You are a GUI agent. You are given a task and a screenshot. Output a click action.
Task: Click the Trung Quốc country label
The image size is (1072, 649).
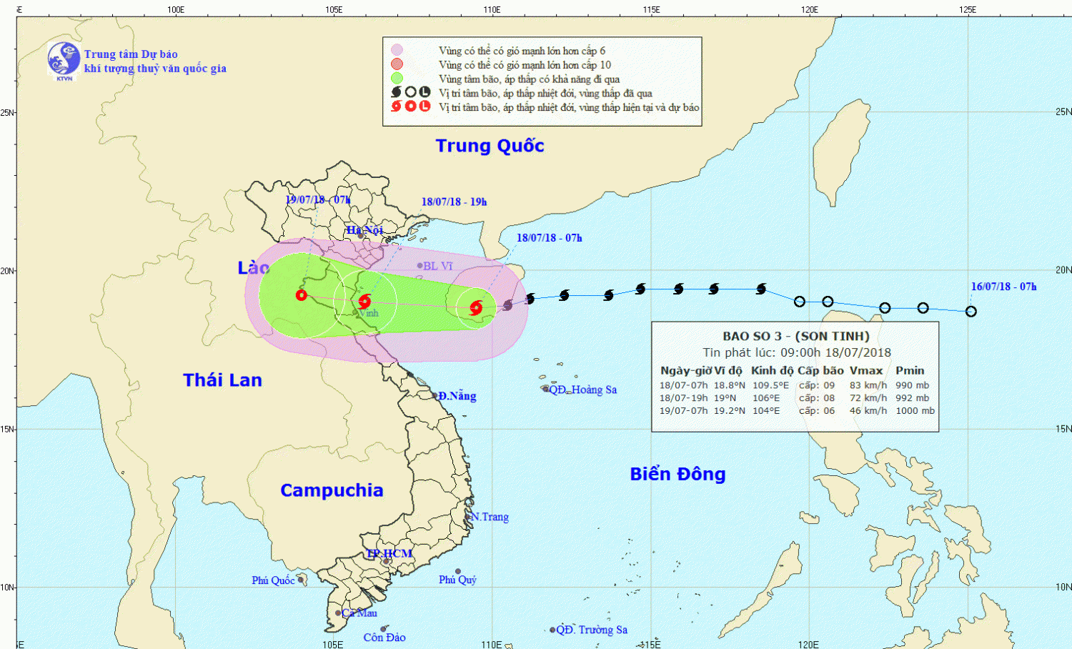[x=490, y=146]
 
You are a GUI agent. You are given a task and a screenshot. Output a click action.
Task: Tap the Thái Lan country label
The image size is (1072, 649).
[x=222, y=380]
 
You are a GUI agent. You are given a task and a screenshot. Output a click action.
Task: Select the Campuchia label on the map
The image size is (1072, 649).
[x=332, y=490]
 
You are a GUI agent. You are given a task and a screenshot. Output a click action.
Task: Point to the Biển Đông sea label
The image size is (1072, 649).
[x=678, y=474]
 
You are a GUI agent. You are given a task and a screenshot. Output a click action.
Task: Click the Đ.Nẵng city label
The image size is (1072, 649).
[x=457, y=396]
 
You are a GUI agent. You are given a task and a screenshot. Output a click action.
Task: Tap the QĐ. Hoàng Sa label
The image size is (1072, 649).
[x=582, y=390]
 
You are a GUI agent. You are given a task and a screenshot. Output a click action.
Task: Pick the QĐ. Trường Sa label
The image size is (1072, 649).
[x=592, y=630]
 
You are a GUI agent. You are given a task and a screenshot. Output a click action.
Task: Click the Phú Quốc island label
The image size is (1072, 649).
[x=273, y=580]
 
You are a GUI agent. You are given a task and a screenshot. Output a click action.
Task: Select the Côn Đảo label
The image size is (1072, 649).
[x=384, y=638]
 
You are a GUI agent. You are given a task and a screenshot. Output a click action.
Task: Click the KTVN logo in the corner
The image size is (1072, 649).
[x=64, y=60]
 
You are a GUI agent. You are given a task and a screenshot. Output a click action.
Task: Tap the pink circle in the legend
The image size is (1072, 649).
[x=397, y=50]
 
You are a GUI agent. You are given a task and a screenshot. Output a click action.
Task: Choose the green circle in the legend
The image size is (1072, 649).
[x=397, y=79]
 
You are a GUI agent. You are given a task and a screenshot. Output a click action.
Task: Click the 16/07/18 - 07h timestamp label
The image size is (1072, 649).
[x=1003, y=287]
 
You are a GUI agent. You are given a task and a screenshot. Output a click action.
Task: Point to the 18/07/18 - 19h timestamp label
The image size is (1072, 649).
[x=454, y=202]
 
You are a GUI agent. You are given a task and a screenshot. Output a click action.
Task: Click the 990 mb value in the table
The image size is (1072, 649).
[x=912, y=385]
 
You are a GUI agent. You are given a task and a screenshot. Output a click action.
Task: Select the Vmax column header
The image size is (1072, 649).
[x=866, y=370]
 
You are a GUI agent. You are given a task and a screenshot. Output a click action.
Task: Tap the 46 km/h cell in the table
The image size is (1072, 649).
[x=868, y=411]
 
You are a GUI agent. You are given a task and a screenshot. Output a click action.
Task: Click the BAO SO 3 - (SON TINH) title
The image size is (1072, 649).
[x=795, y=336]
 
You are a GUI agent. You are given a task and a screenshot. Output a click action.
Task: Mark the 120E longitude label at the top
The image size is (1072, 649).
[x=809, y=9]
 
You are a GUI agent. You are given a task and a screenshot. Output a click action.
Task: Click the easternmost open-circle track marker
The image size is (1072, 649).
[x=971, y=312]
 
